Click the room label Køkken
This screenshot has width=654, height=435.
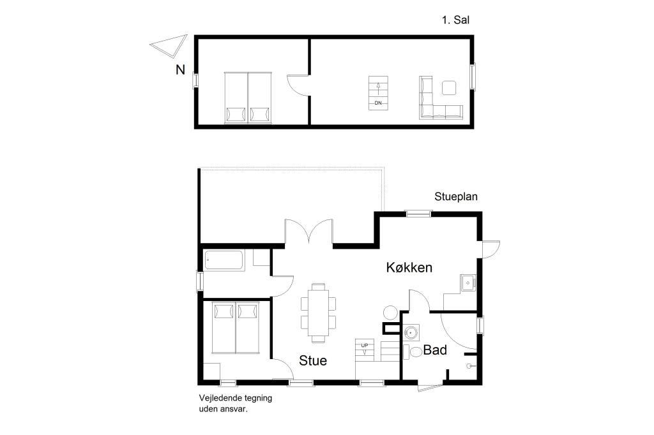[409, 267]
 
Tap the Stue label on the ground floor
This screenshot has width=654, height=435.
[313, 360]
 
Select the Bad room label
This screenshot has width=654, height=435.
[435, 350]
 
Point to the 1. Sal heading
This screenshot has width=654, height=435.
[455, 20]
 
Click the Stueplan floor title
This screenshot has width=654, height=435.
[456, 196]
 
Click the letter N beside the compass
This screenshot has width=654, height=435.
[180, 70]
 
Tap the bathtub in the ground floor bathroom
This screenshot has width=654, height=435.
[224, 260]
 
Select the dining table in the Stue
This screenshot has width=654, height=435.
[318, 313]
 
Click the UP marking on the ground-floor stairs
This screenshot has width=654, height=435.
[365, 346]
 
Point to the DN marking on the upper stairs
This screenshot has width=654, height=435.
[378, 103]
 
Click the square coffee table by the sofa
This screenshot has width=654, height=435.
[449, 87]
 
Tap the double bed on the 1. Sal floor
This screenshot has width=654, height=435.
[248, 98]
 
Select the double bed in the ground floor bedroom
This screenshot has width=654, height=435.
[236, 328]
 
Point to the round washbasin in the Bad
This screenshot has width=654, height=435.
[411, 332]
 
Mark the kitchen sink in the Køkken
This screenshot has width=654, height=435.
[468, 283]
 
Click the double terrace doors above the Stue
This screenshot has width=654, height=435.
[308, 232]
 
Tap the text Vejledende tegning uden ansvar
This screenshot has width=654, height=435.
[235, 403]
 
